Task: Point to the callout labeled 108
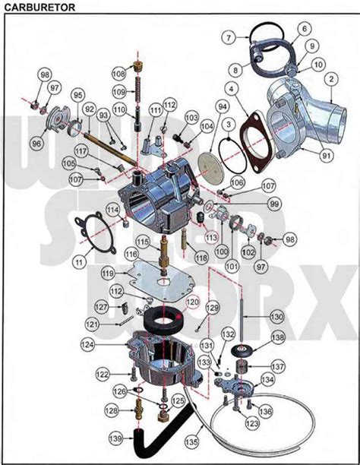118,74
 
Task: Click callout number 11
77,261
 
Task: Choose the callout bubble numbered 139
115,439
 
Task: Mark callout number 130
276,315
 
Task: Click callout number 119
108,271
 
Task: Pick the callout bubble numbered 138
278,337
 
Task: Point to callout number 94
222,106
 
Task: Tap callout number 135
194,438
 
